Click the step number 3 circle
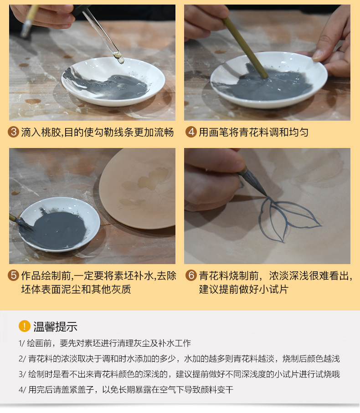(x=13, y=132)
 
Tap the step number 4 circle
(x=191, y=132)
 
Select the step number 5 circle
(x=13, y=275)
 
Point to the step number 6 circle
(x=191, y=275)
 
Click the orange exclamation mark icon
(x=25, y=326)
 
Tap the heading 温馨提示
(x=55, y=326)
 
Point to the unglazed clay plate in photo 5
(x=137, y=189)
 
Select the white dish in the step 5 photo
(x=59, y=224)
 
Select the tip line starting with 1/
(x=105, y=343)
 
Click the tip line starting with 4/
(x=126, y=390)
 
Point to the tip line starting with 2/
(x=179, y=359)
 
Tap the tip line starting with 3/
(x=179, y=374)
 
